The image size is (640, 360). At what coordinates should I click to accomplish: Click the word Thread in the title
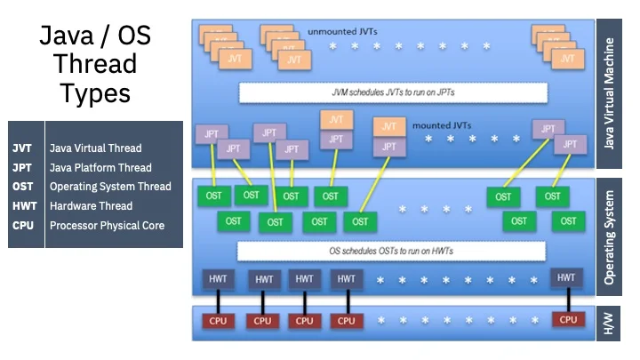pos(94,64)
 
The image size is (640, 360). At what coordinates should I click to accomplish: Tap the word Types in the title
pos(94,92)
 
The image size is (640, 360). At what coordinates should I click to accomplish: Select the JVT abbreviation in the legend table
pos(22,148)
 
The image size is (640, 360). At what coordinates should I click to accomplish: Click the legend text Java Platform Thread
pos(100,168)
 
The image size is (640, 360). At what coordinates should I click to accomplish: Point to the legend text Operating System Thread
pos(110,187)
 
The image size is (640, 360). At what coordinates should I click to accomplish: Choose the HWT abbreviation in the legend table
pos(23,206)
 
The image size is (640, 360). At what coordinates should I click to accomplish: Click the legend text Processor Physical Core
pos(107,226)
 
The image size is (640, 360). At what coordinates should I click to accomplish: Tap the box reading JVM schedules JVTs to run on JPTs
pos(392,92)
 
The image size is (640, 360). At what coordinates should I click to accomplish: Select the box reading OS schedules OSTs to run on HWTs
pos(392,252)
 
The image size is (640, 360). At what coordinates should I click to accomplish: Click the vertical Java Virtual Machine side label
pos(609,92)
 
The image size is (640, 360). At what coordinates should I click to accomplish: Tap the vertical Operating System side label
pos(609,240)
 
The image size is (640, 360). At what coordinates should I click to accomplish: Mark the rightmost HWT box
pos(566,278)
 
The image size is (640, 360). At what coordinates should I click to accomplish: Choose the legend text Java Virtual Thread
pos(95,148)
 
